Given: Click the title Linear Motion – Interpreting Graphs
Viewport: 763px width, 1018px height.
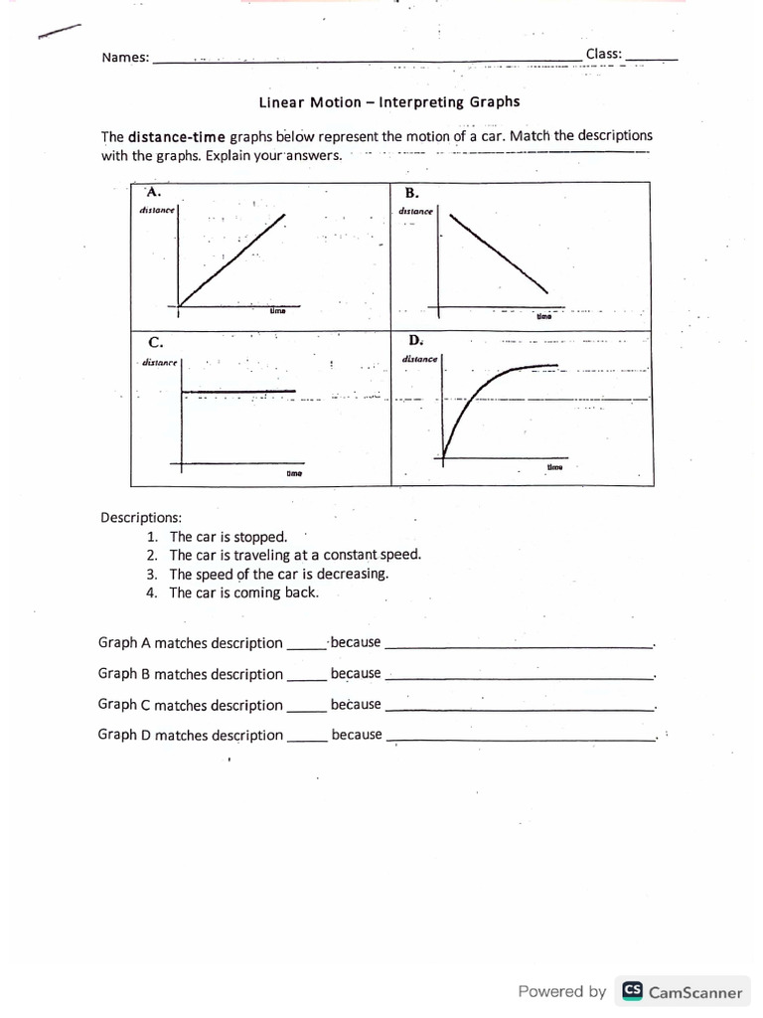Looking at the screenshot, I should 388,101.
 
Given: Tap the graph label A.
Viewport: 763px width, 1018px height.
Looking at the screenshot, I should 152,191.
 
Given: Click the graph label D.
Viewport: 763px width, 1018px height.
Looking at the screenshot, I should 414,340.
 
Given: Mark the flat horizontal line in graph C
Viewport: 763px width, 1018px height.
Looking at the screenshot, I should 238,392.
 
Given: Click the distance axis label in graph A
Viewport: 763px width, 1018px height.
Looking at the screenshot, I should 157,210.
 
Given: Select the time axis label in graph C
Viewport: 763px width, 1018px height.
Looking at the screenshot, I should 294,474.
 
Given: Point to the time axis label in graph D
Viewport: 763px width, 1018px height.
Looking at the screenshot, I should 553,466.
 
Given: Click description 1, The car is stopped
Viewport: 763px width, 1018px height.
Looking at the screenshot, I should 228,537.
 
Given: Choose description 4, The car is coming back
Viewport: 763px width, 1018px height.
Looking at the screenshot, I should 243,593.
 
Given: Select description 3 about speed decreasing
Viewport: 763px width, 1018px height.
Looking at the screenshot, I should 278,574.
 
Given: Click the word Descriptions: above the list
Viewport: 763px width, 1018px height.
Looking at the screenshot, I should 140,517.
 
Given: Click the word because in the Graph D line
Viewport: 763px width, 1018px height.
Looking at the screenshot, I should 356,735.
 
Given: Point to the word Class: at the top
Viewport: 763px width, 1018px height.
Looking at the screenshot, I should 603,53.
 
